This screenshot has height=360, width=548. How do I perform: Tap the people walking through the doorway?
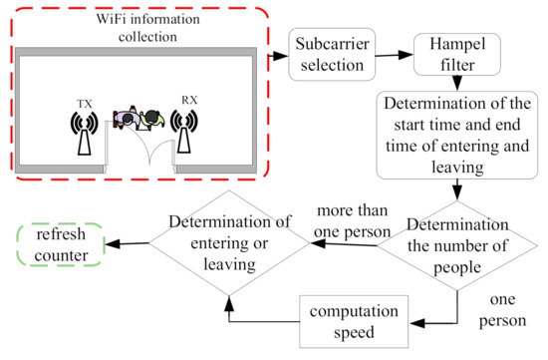pos(137,119)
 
